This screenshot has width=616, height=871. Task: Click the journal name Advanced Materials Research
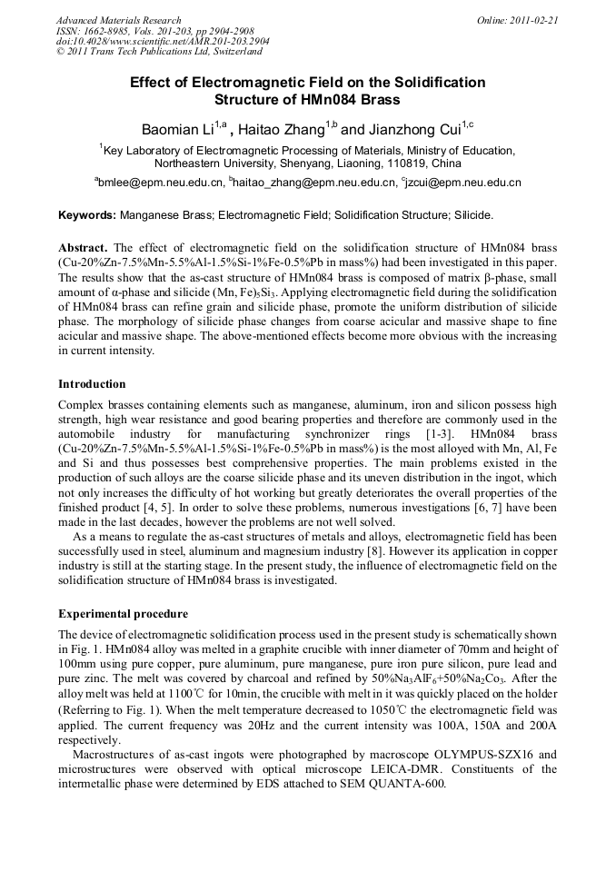(x=119, y=20)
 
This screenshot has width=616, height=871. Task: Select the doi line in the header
(x=163, y=43)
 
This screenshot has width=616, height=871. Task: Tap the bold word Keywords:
(x=87, y=215)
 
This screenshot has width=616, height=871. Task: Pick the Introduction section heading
(x=92, y=384)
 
